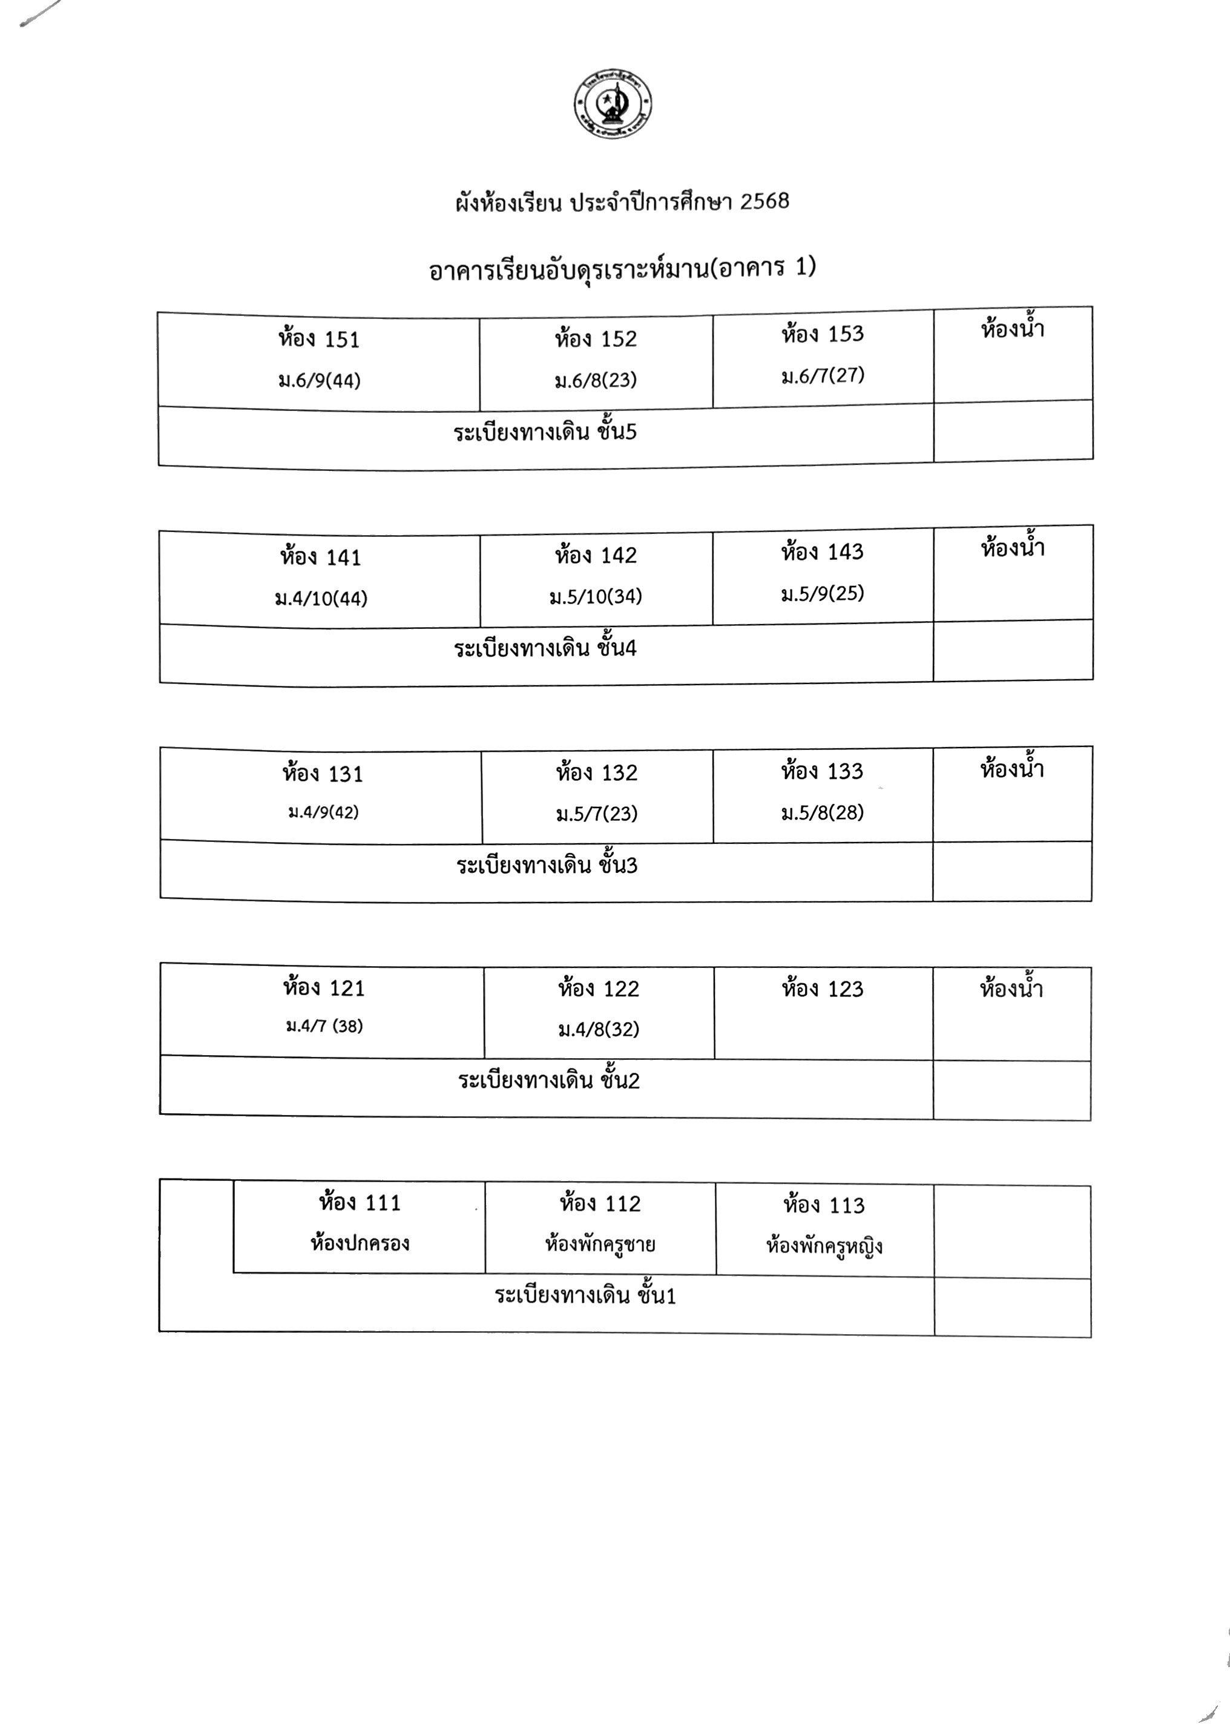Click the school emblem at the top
click(613, 105)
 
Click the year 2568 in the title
click(764, 202)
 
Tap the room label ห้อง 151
click(319, 338)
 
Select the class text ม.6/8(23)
click(595, 380)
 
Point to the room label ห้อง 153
click(823, 334)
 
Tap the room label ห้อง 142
click(596, 555)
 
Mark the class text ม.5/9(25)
click(823, 593)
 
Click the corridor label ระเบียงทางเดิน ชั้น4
click(545, 648)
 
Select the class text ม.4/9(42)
click(323, 812)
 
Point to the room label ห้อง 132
click(597, 772)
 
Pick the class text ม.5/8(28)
click(823, 813)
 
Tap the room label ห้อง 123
click(823, 988)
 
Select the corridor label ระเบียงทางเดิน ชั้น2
click(549, 1079)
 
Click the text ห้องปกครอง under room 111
click(360, 1243)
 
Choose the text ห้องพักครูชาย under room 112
click(600, 1245)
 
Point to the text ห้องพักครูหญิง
click(824, 1246)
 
